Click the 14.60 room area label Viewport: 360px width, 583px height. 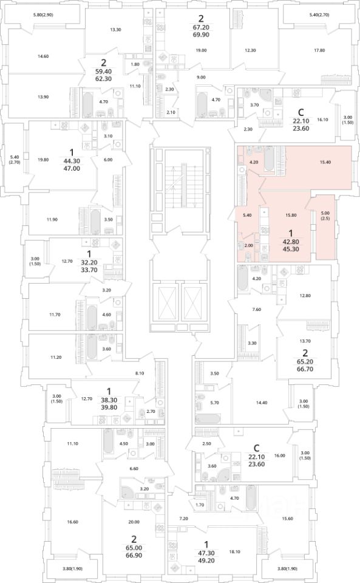(x=43, y=56)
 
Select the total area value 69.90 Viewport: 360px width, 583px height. (x=202, y=35)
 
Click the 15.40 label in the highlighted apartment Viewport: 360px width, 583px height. (x=325, y=162)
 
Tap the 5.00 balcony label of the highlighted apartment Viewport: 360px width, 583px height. (x=325, y=213)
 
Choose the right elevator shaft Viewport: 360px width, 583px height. (x=193, y=302)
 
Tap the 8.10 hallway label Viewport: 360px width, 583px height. (x=139, y=373)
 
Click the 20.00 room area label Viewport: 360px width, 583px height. (x=134, y=522)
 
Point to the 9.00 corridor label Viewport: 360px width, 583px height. (x=201, y=77)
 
